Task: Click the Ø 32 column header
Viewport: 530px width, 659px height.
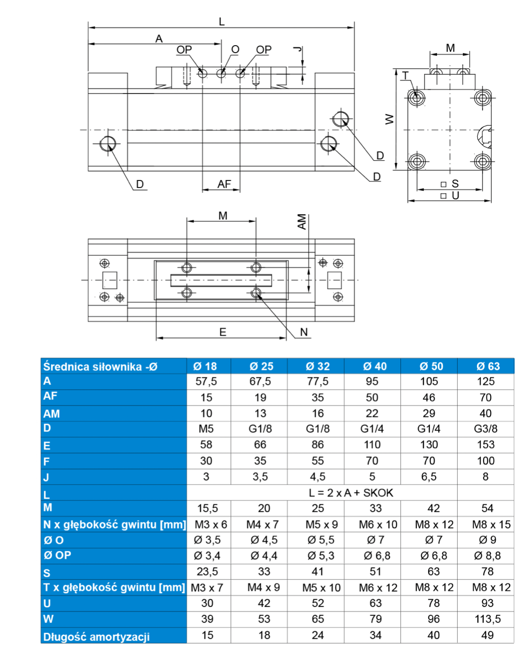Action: point(318,366)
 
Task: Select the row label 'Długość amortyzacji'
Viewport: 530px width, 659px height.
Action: point(96,637)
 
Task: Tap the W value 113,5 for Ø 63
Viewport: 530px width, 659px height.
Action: point(487,619)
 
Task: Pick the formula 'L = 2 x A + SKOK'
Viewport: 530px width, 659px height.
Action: point(351,493)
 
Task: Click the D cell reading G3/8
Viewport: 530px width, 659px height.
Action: point(485,429)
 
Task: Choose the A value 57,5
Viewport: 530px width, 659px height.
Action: point(206,381)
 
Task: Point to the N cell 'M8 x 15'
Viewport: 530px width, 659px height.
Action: point(491,525)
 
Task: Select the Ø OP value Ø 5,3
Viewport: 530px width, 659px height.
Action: point(320,556)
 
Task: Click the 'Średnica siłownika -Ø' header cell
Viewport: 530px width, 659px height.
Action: point(100,367)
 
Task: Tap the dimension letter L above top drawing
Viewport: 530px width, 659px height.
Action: point(222,22)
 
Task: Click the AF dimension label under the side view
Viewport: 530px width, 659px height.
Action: point(224,184)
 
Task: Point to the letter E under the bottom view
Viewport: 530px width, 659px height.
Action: point(223,332)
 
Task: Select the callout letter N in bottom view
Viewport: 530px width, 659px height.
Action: point(304,332)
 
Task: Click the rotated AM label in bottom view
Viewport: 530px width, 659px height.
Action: point(302,222)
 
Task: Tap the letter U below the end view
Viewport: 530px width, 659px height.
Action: point(455,196)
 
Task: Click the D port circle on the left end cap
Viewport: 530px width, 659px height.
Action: point(108,143)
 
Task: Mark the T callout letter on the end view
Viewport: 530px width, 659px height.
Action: point(405,76)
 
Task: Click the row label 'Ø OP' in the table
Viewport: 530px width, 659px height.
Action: point(57,555)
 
